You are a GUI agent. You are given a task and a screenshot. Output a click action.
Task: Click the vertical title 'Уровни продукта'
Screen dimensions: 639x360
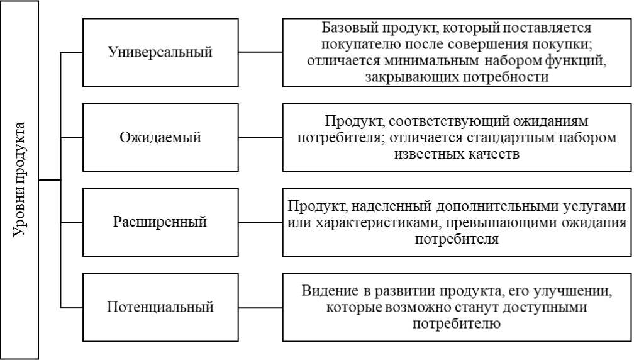19,179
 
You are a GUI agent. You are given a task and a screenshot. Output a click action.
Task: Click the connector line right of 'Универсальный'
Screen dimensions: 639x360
260,52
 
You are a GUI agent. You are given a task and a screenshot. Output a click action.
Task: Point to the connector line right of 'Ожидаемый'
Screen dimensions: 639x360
260,137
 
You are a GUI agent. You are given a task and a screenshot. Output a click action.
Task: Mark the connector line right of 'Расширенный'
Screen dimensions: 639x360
260,222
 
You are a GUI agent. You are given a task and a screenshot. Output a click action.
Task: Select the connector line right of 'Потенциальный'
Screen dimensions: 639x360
260,307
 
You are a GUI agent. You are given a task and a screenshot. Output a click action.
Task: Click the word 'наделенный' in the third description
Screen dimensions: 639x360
391,206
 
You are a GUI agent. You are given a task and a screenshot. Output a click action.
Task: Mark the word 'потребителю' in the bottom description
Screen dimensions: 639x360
457,323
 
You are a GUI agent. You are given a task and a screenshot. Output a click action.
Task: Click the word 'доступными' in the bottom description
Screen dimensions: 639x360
545,307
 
